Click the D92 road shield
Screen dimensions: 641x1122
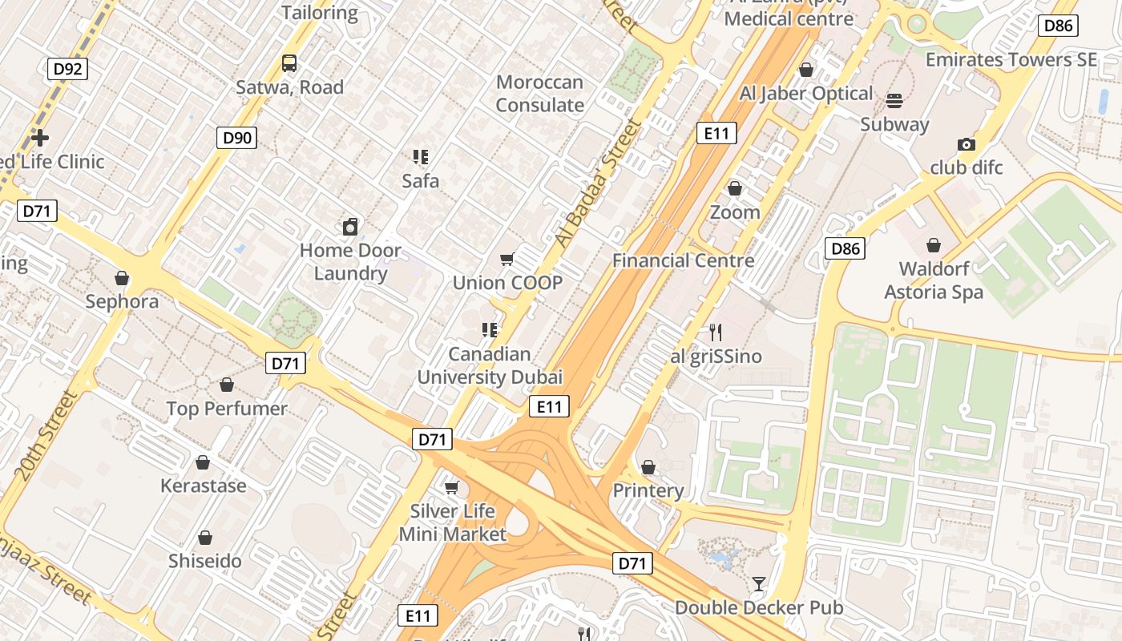point(68,69)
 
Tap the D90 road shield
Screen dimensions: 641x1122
point(237,138)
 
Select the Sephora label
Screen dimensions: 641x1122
point(122,302)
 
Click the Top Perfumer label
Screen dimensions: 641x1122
point(227,409)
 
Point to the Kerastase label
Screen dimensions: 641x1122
point(204,486)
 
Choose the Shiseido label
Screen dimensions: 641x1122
point(205,561)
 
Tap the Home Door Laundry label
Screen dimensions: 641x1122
point(350,262)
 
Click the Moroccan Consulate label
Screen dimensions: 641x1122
point(540,94)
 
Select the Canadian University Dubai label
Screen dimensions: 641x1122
point(490,365)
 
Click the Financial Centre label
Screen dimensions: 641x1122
point(683,260)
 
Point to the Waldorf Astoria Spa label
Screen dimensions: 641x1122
point(934,280)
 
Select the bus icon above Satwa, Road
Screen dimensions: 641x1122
point(289,62)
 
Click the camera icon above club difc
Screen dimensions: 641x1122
point(967,144)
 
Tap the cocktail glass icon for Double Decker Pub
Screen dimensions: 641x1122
point(759,583)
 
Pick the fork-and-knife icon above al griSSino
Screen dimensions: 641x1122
point(716,332)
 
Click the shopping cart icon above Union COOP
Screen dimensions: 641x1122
point(507,259)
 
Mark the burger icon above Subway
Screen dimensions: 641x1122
point(894,100)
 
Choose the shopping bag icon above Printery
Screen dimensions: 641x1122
point(648,466)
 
